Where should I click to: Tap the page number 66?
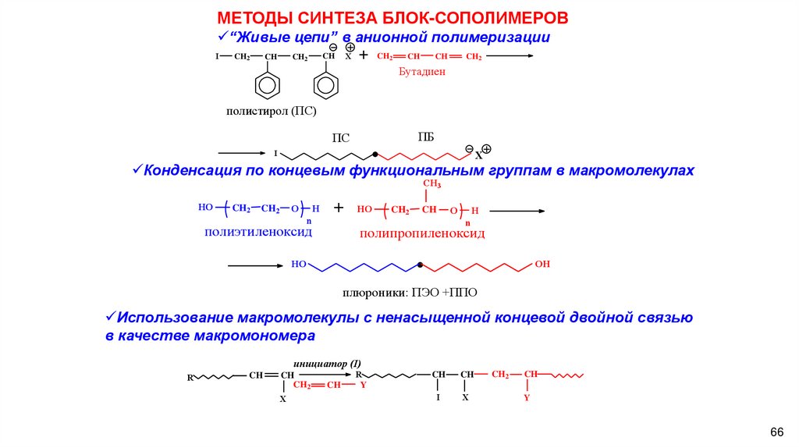point(776,432)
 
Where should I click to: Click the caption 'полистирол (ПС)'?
point(272,112)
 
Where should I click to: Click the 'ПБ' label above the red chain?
point(426,137)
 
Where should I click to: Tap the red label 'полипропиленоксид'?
point(422,233)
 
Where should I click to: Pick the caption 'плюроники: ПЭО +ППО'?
point(409,293)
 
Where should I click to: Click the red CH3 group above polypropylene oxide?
point(432,183)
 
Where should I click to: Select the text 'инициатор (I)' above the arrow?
point(328,364)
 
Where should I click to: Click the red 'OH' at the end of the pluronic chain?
point(542,265)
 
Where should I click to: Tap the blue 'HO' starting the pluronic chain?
point(299,265)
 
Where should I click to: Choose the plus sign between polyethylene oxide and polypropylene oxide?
point(339,208)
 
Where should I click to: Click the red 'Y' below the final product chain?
point(527,397)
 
